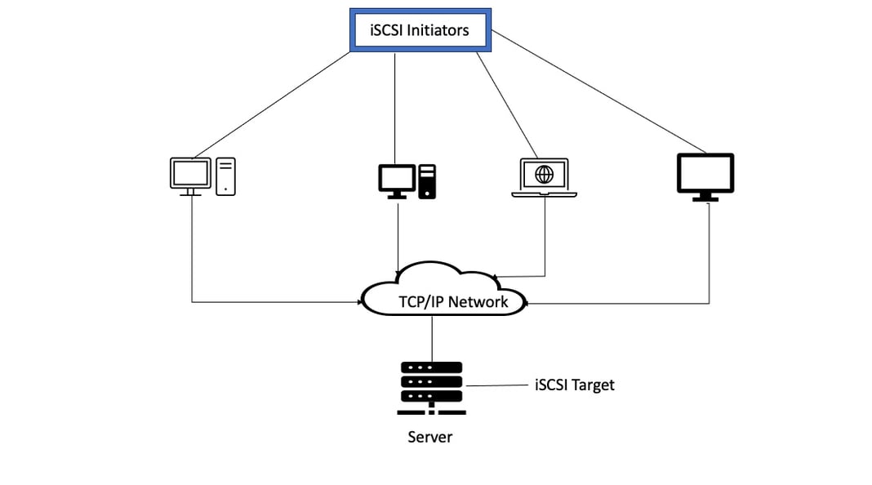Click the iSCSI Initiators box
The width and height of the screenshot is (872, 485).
(x=420, y=31)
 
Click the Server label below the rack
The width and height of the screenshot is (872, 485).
(x=429, y=437)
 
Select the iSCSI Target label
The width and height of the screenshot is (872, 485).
(x=574, y=385)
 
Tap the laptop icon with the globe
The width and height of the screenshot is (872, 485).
(x=544, y=177)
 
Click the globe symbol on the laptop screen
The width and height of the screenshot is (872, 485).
(x=544, y=173)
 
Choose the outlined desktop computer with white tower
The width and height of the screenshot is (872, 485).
(x=202, y=176)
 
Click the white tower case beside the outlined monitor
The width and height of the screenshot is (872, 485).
(x=226, y=176)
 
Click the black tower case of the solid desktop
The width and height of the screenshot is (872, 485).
(x=427, y=181)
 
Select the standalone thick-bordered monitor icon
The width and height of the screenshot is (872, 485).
(x=705, y=176)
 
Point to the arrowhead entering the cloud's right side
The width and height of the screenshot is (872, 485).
(x=527, y=303)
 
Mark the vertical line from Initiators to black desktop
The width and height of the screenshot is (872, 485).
(x=395, y=106)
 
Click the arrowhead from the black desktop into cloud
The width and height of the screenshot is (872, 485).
(x=398, y=269)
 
